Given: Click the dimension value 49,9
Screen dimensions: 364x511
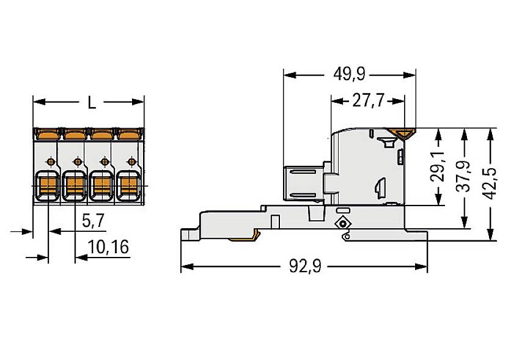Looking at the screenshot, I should (x=349, y=75).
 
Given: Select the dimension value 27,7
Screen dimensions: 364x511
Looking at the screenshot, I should (x=367, y=100).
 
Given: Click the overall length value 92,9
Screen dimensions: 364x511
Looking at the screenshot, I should (x=304, y=267).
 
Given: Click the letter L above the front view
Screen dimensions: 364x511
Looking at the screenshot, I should (x=91, y=103).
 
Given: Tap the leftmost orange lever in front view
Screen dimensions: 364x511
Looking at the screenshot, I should (x=47, y=132).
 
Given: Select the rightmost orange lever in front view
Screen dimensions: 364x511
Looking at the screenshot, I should (x=127, y=132).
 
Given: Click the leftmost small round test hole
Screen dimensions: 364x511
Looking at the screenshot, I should (x=51, y=162).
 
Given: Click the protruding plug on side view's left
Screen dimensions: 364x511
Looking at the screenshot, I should (x=304, y=183).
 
